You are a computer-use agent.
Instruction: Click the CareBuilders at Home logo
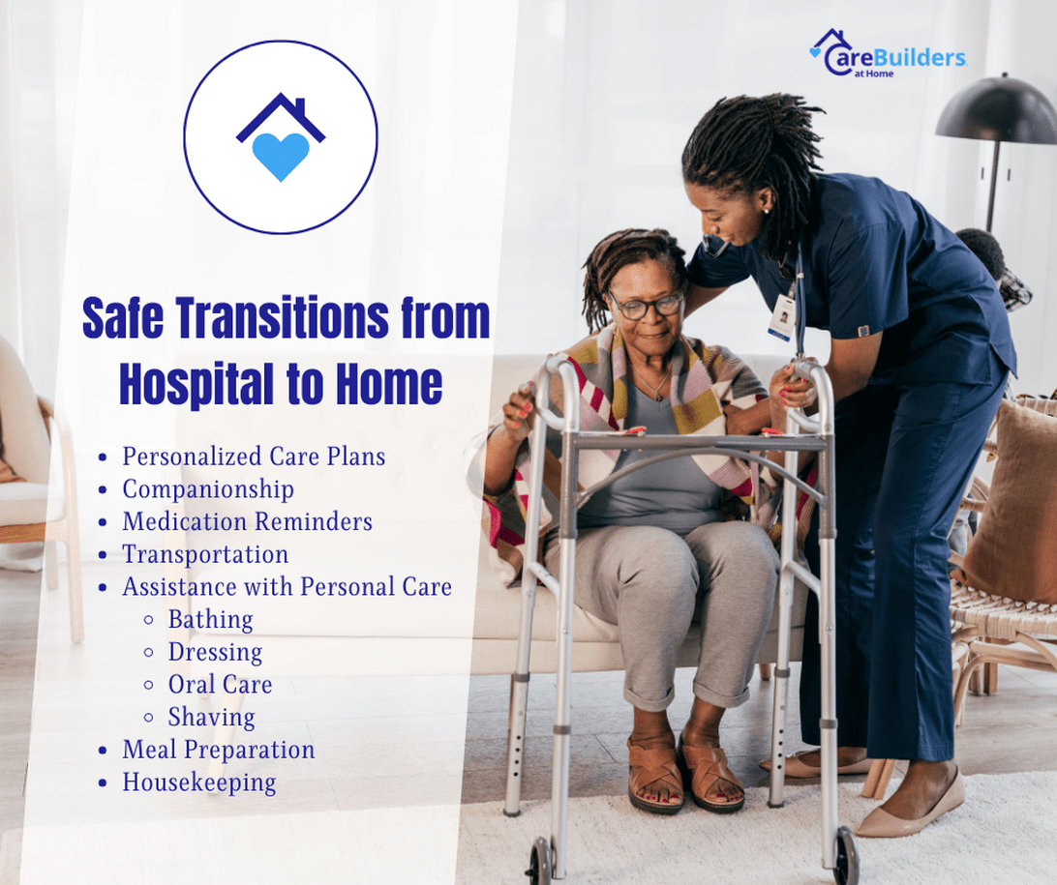click(x=888, y=53)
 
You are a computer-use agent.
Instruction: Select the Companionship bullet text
click(x=208, y=489)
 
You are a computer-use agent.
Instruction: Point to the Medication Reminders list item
click(x=248, y=521)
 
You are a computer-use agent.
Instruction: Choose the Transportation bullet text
click(x=205, y=554)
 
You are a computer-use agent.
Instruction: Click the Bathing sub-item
click(x=211, y=620)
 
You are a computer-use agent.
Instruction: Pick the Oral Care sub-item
click(x=221, y=684)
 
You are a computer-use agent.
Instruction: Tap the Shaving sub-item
click(x=212, y=718)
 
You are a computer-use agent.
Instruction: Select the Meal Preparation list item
click(x=219, y=750)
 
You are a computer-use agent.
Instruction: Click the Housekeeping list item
click(x=199, y=782)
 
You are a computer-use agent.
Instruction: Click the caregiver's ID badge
click(x=782, y=317)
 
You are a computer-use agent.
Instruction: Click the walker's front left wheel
click(x=541, y=862)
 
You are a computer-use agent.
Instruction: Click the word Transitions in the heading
click(x=283, y=317)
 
